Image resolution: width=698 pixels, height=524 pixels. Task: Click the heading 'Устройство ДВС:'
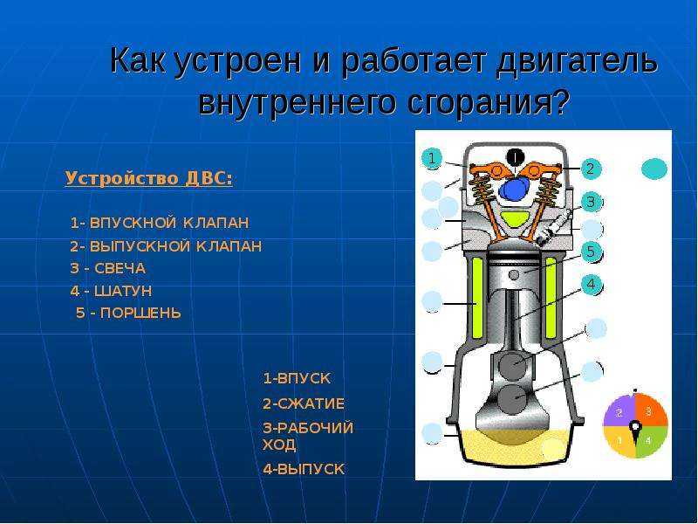point(148,178)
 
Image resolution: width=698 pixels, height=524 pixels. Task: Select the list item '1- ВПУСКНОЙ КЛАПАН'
point(160,223)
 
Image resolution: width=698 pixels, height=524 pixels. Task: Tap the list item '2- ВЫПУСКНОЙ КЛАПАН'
point(166,246)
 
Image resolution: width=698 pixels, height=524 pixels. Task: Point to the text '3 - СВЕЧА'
point(108,268)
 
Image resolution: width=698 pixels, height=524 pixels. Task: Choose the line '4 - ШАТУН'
point(112,291)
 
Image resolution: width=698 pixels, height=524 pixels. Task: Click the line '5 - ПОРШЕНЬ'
point(128,313)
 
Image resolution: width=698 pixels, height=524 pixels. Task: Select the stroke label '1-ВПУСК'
point(297,378)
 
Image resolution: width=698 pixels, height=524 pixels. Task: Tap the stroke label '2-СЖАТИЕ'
point(304,403)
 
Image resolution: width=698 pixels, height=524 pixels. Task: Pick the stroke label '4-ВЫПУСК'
point(304,469)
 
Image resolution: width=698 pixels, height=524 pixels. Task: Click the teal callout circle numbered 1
point(431,158)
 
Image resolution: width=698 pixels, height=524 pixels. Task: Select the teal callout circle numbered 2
point(591,169)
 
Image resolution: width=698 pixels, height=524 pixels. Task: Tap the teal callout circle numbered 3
point(591,202)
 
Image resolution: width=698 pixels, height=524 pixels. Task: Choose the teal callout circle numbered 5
point(591,252)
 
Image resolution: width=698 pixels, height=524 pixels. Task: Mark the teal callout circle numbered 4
point(591,284)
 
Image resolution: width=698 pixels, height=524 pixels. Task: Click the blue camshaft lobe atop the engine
point(513,190)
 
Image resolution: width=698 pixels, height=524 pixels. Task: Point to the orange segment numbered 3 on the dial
point(651,410)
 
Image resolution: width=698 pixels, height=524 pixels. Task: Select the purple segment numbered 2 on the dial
point(619,410)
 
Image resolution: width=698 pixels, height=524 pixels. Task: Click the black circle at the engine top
point(516,157)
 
